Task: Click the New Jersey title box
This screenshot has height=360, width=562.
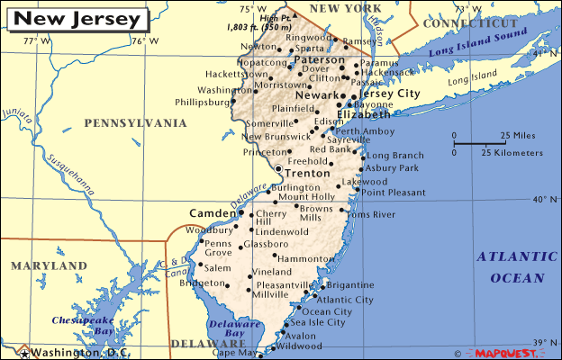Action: [x=79, y=18]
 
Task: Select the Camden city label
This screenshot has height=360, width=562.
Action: [x=212, y=213]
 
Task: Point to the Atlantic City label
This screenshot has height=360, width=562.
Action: [x=346, y=300]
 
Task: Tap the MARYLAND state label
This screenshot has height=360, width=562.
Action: [x=49, y=265]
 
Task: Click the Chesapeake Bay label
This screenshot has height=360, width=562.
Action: [x=80, y=325]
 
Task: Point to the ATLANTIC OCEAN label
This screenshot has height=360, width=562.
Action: [x=511, y=267]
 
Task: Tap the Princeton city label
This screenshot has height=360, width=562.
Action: [x=264, y=153]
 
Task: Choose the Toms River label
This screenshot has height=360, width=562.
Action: [x=371, y=214]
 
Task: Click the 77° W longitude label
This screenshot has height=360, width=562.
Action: [x=32, y=40]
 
